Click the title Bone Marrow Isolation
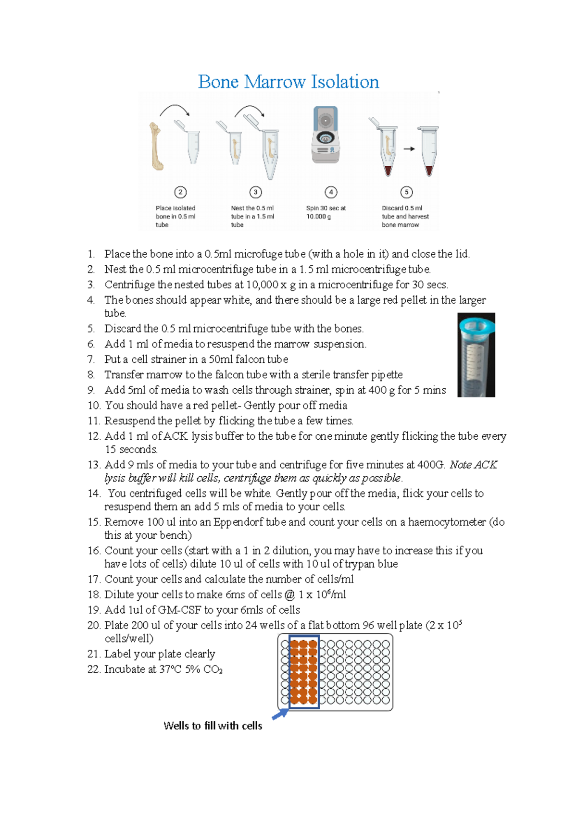(x=288, y=82)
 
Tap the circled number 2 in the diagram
(x=180, y=192)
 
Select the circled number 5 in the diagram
(x=406, y=192)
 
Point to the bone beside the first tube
(x=156, y=147)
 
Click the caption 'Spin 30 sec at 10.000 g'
(x=326, y=212)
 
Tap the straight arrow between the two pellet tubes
(x=409, y=149)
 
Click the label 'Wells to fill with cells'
(x=213, y=726)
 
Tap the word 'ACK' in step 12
(x=176, y=436)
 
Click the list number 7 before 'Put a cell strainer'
(x=91, y=359)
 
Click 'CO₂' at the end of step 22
(x=213, y=669)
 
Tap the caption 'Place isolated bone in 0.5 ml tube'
(x=176, y=216)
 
